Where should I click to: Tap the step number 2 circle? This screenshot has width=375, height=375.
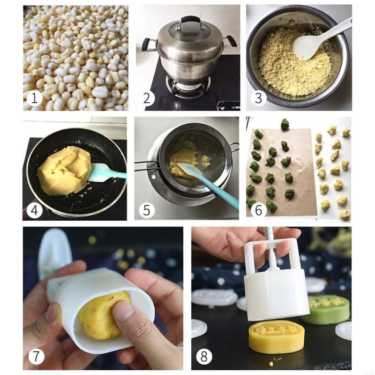point(148,98)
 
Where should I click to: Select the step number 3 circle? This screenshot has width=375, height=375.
point(258,98)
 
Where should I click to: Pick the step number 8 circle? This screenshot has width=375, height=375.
point(204,356)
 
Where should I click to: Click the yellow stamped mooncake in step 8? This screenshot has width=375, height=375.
point(276,337)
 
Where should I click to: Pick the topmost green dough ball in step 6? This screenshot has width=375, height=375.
point(285,124)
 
